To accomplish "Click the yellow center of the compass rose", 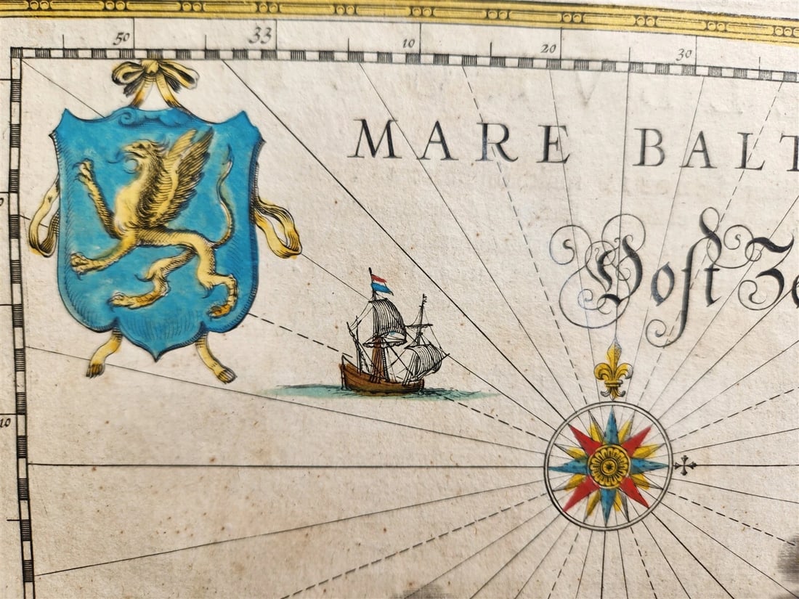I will point(608,466).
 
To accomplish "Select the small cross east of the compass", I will point(684,465).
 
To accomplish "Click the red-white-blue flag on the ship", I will point(380,284).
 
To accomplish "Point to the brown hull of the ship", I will point(381,380).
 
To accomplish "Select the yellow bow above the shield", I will point(155,77).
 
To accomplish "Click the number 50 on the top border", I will point(121,38).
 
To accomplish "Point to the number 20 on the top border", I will point(548,49).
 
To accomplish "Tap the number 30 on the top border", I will point(684,54).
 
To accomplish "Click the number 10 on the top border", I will point(409,44).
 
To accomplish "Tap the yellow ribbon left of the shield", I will point(44,221).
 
